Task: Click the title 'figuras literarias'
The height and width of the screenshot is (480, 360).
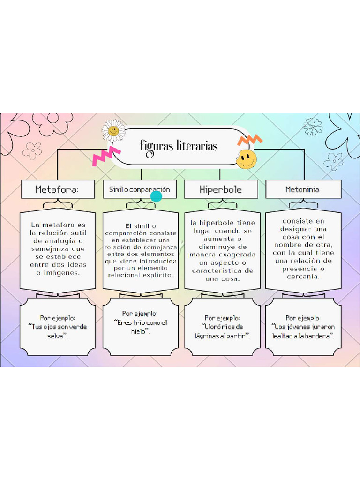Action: click(179, 147)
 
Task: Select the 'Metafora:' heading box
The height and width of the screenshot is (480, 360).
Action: click(58, 189)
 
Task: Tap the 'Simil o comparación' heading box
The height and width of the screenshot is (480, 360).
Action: click(140, 189)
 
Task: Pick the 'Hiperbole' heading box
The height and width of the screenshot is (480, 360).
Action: click(221, 189)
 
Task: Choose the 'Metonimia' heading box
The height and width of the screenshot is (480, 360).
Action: click(303, 189)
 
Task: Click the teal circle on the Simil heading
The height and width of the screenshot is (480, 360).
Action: click(156, 196)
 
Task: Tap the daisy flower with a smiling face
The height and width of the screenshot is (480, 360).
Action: click(113, 131)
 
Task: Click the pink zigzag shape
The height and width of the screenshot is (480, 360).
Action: click(106, 156)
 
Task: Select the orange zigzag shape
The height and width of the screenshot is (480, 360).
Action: click(250, 140)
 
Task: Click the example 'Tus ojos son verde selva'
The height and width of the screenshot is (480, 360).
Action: click(58, 331)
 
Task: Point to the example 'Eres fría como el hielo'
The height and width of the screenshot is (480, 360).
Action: click(141, 327)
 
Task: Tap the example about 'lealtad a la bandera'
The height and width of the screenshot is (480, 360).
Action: click(303, 331)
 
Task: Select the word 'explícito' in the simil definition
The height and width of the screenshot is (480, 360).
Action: click(158, 275)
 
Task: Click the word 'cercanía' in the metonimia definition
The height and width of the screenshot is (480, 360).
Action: click(303, 277)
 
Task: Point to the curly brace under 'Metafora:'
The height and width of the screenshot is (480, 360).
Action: click(58, 203)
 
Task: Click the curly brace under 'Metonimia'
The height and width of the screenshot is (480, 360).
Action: click(303, 203)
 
